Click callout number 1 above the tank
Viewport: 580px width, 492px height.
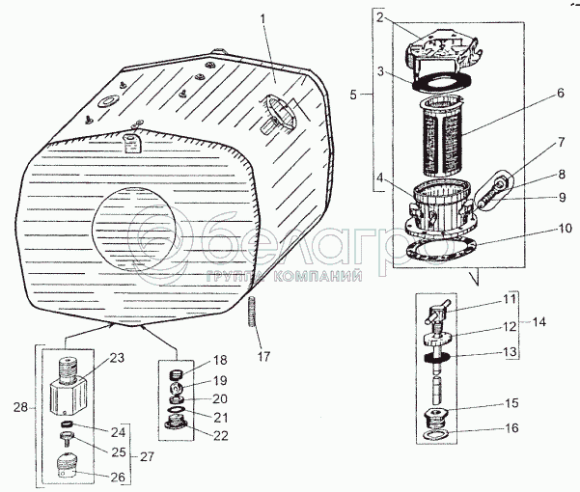pyautogui.click(x=261, y=19)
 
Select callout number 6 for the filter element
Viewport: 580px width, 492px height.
pyautogui.click(x=559, y=96)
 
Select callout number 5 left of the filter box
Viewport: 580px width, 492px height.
pyautogui.click(x=354, y=95)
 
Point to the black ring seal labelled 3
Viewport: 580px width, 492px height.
pyautogui.click(x=444, y=80)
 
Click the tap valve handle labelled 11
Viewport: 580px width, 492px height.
pyautogui.click(x=434, y=314)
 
